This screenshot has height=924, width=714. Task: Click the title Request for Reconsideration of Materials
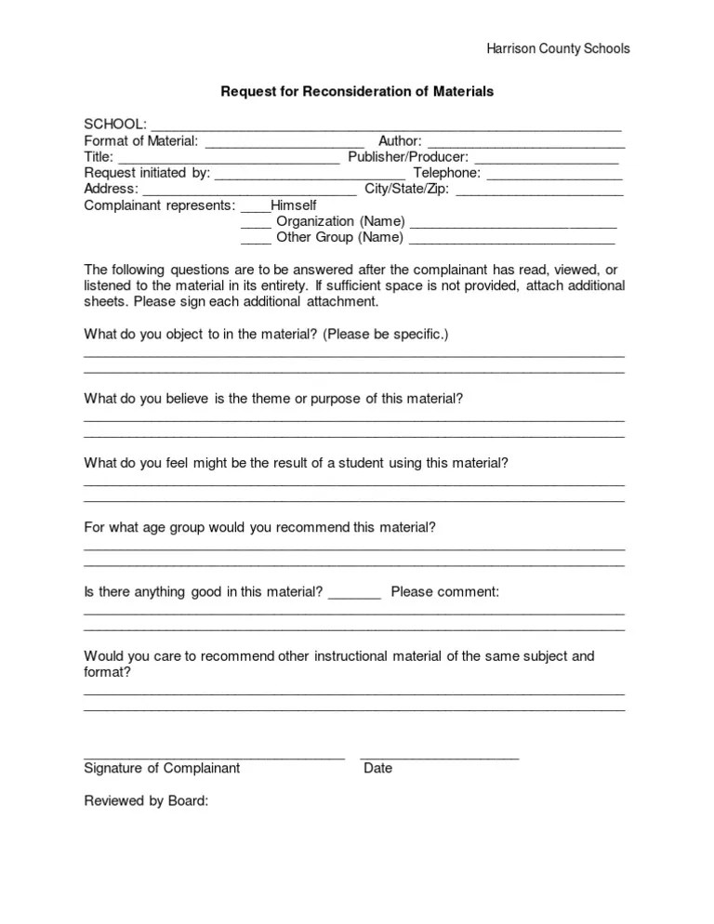(356, 92)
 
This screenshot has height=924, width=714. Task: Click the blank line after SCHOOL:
(386, 125)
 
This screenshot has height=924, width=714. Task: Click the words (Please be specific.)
(386, 334)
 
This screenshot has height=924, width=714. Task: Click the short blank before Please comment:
(355, 593)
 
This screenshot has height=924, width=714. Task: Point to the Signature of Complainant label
(162, 768)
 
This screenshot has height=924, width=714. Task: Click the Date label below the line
(378, 768)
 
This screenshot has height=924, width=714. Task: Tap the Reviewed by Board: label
(146, 800)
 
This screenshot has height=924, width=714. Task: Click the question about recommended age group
(259, 527)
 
